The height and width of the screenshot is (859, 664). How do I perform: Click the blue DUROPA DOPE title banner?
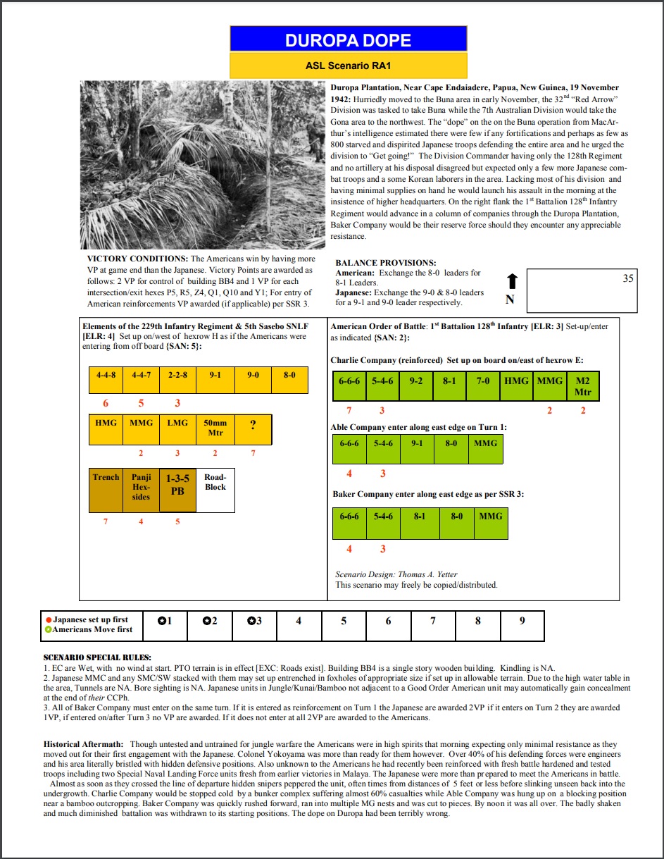click(349, 39)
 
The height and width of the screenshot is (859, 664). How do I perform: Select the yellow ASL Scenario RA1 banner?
click(349, 66)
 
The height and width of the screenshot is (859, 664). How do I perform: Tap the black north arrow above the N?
click(512, 281)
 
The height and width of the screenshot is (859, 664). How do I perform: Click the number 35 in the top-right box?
click(628, 278)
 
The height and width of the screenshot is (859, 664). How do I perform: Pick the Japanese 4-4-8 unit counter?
click(106, 379)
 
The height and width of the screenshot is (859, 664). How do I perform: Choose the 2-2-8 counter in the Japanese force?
click(177, 379)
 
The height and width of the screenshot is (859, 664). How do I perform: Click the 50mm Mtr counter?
click(215, 428)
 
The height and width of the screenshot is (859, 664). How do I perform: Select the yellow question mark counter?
click(253, 428)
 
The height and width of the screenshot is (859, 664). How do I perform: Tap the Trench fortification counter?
click(106, 490)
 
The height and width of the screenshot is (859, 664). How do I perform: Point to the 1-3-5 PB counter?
click(177, 490)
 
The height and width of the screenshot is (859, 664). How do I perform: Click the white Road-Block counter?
click(215, 490)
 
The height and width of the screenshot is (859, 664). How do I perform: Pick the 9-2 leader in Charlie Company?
click(416, 386)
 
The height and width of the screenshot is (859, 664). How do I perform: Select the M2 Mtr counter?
click(582, 386)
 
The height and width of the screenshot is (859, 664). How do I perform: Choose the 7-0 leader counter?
click(483, 386)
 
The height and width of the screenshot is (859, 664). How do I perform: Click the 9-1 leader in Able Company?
click(417, 449)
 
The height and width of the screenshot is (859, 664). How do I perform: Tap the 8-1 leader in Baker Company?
click(420, 522)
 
